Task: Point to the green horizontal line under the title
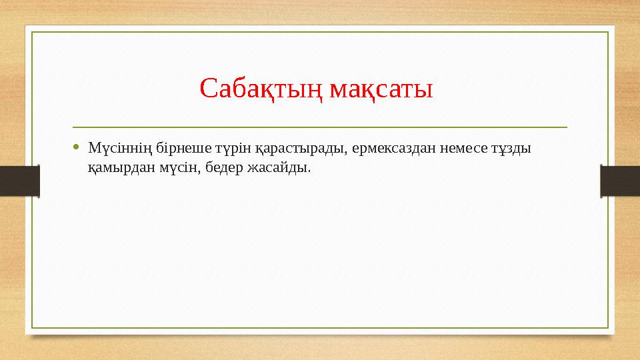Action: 320,126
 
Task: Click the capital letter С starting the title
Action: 207,88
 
